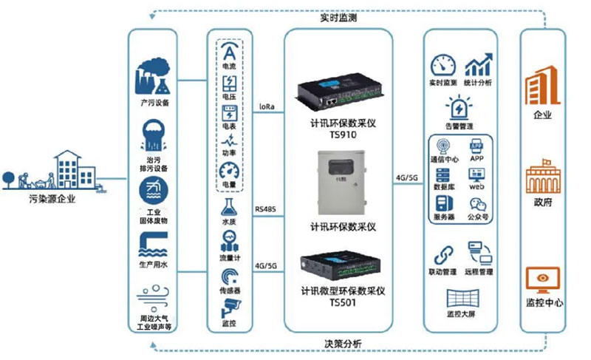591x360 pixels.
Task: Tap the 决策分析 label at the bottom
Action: [343, 344]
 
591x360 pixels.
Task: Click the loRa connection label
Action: [267, 106]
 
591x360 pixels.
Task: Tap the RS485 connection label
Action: [267, 211]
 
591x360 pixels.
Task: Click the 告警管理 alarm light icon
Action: [460, 109]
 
